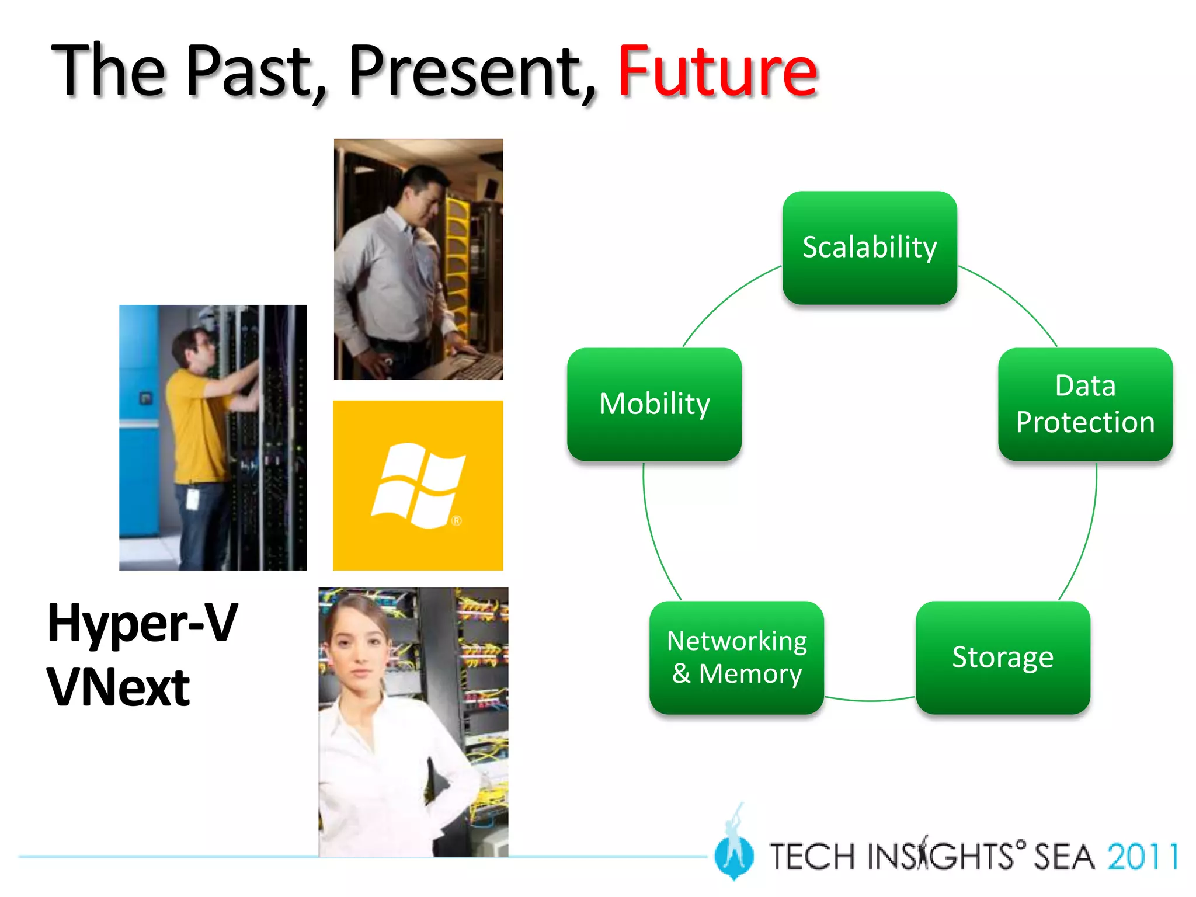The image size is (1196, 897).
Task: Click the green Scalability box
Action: click(870, 248)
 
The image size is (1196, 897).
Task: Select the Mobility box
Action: click(654, 404)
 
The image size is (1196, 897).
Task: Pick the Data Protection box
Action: click(1085, 404)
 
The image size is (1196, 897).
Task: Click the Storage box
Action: click(1003, 658)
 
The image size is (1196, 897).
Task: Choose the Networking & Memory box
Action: click(736, 658)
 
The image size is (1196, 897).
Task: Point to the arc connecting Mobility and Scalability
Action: click(724, 298)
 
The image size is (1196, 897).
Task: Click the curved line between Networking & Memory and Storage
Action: click(870, 700)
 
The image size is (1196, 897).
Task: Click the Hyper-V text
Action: click(142, 623)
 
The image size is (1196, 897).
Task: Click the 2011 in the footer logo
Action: click(1142, 857)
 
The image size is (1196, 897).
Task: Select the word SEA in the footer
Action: click(1064, 857)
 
